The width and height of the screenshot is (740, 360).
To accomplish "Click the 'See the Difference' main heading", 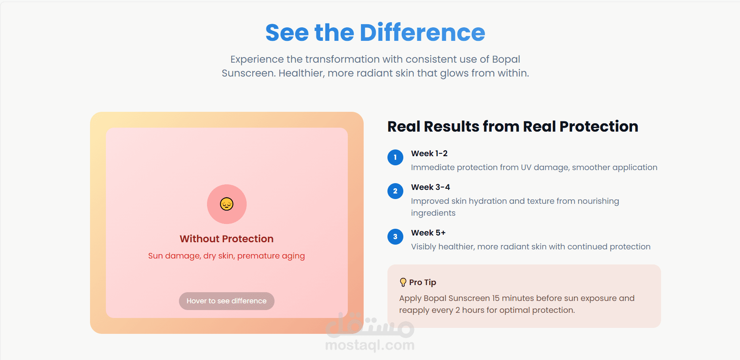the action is [x=375, y=33].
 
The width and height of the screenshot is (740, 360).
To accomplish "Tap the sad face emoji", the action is [x=227, y=204].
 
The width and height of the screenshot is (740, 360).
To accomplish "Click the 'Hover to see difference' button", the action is [x=227, y=301].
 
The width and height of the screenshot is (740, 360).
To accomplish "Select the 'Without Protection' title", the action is [x=227, y=239].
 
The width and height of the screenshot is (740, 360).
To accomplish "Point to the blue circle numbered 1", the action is [x=395, y=157].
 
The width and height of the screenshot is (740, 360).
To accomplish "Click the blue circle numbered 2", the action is [x=395, y=191].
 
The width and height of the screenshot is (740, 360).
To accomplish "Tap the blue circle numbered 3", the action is [x=395, y=237].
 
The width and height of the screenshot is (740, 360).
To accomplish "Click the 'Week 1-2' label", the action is [x=429, y=153].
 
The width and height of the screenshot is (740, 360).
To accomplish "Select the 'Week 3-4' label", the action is [x=431, y=187].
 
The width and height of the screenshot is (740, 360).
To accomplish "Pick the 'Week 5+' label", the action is [x=428, y=233].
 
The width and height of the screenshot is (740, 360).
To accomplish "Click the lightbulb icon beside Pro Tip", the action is [x=403, y=282].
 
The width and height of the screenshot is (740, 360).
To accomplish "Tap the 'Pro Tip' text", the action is [x=423, y=282].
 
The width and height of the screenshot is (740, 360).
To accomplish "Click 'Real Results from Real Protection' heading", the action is [x=513, y=126].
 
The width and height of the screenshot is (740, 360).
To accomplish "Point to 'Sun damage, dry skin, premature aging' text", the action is [x=226, y=256].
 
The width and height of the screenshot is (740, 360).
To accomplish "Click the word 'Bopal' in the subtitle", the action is [x=506, y=59].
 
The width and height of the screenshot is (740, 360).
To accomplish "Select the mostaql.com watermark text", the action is [x=370, y=345].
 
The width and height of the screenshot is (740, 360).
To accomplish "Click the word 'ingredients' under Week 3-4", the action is [x=433, y=213].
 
